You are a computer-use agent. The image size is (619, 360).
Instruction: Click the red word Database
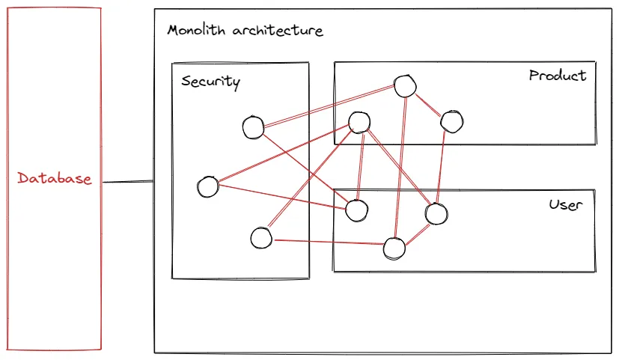tap(55, 179)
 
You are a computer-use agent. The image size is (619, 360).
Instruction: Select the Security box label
tap(210, 82)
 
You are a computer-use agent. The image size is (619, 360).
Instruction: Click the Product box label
tap(558, 76)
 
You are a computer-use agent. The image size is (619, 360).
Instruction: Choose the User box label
tap(565, 204)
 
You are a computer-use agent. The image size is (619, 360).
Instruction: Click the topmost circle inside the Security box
tap(254, 128)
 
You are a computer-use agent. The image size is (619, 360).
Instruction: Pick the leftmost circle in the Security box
tap(207, 186)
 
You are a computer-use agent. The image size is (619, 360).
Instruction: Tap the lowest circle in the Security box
tap(260, 239)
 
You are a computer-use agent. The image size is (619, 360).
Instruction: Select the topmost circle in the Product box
tap(405, 86)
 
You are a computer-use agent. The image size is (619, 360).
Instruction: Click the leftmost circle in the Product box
tap(359, 122)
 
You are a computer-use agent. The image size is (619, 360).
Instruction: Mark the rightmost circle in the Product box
tap(451, 120)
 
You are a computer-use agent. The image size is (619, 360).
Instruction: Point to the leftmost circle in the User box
tap(356, 210)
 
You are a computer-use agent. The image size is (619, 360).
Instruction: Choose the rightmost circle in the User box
tap(436, 214)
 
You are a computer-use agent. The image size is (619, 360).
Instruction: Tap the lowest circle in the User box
tap(394, 248)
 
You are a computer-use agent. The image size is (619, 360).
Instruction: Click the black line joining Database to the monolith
tap(128, 182)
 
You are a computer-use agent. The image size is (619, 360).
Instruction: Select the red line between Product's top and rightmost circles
tap(428, 103)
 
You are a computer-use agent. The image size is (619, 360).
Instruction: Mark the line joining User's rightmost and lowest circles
tap(415, 231)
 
